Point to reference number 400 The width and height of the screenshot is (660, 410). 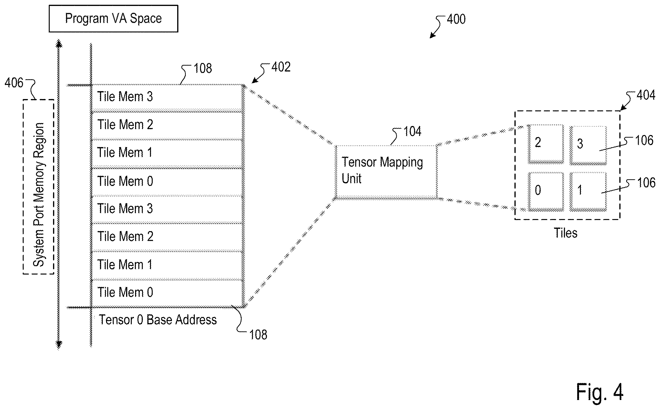click(x=456, y=19)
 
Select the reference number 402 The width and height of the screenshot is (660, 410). click(x=281, y=67)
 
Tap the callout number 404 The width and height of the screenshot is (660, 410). click(x=646, y=95)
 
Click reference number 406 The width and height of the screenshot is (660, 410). click(x=14, y=83)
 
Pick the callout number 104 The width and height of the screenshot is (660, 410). click(x=412, y=131)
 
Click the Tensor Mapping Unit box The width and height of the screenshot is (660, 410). click(x=386, y=172)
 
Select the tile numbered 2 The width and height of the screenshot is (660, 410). click(x=546, y=144)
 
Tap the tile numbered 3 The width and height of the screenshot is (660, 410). click(x=588, y=145)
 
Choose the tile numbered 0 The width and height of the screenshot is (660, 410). click(x=546, y=192)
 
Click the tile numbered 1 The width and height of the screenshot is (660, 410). click(x=588, y=192)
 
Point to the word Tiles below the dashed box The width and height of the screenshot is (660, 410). click(x=565, y=233)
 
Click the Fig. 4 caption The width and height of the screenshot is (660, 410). click(x=600, y=392)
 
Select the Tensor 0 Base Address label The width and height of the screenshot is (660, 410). click(x=158, y=320)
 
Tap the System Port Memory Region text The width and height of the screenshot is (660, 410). click(x=39, y=195)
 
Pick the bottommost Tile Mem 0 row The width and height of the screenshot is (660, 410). click(x=167, y=293)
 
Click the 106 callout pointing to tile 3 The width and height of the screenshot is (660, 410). click(x=644, y=140)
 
